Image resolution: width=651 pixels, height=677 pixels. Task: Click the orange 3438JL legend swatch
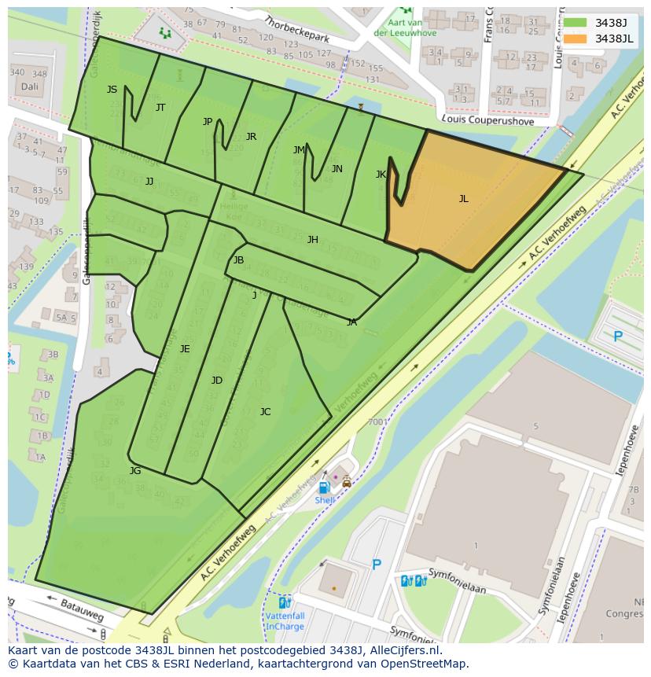[576, 39]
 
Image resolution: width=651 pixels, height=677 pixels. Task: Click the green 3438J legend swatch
[576, 23]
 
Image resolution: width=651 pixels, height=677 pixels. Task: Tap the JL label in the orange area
[464, 199]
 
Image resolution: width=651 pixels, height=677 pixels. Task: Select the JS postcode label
[112, 90]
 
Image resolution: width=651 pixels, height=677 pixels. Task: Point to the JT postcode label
[160, 108]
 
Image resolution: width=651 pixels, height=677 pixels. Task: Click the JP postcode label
[208, 122]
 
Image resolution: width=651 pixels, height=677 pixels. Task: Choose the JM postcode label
[299, 150]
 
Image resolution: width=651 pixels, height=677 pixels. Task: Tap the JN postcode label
[337, 169]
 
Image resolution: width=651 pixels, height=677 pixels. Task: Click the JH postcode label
[312, 240]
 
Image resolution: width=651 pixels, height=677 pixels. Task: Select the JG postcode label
[135, 471]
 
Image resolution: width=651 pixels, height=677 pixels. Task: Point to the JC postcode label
[265, 412]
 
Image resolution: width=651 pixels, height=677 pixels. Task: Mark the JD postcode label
[217, 381]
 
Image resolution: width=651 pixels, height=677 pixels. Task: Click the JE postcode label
[185, 349]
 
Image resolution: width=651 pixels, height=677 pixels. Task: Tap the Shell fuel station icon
[323, 488]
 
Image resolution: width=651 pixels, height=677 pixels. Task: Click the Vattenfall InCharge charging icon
[285, 602]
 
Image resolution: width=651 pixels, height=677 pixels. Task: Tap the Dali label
[30, 86]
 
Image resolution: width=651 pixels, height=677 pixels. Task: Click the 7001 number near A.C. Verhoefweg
[377, 422]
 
